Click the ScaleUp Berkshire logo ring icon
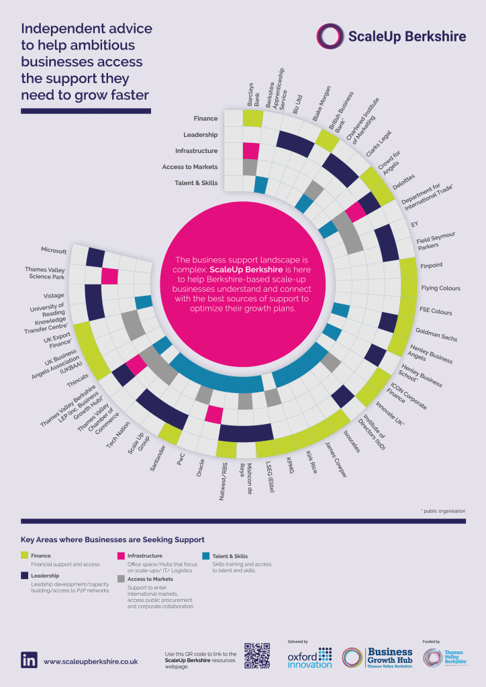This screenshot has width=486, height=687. point(330,36)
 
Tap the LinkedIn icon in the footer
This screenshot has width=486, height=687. point(29,659)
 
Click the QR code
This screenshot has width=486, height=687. point(258,656)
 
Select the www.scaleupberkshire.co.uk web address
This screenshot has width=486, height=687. point(91,661)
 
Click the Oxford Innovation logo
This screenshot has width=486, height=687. point(309,657)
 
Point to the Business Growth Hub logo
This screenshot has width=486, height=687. point(377,657)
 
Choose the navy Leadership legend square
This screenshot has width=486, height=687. point(25,576)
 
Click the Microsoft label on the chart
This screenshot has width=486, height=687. point(54,251)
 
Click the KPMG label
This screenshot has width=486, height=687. point(290,466)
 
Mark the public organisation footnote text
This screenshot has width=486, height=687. point(442,511)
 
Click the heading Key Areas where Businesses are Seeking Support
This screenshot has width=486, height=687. point(112,539)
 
